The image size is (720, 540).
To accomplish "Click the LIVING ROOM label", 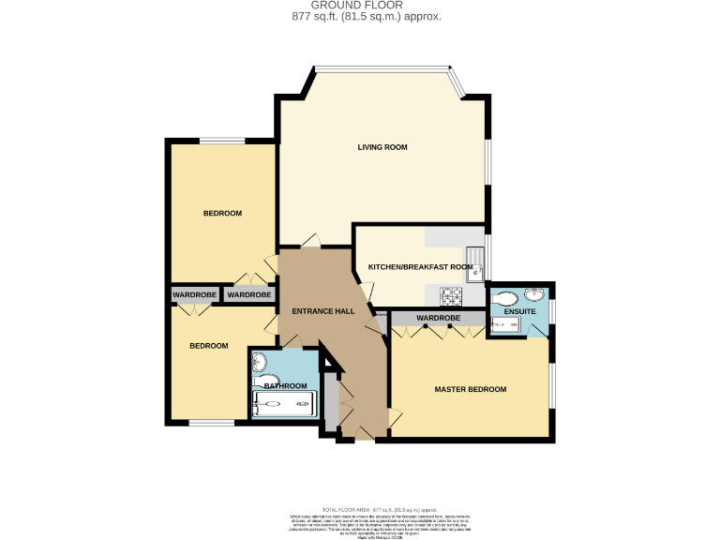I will click(382, 147).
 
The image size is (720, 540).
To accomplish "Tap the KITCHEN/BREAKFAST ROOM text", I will click(419, 267).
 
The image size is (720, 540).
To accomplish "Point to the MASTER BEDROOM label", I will click(470, 389).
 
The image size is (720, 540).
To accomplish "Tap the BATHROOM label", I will click(284, 386).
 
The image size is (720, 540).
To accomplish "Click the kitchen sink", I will click(475, 262).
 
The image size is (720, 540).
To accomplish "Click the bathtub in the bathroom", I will click(283, 406).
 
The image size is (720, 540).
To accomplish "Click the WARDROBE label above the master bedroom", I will click(439, 319).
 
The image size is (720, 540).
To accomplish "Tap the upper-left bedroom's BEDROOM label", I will click(222, 213).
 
